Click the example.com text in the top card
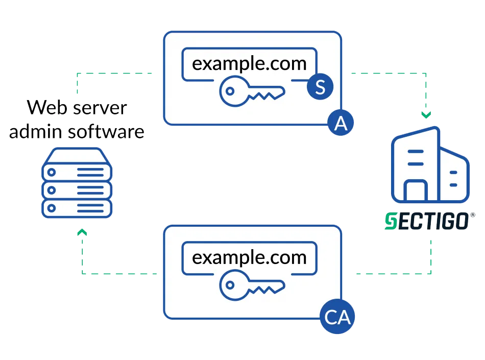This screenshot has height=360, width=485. (x=249, y=64)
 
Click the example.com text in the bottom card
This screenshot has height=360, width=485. (x=249, y=257)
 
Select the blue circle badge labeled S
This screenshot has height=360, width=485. (x=320, y=87)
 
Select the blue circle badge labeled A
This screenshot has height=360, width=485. (x=341, y=123)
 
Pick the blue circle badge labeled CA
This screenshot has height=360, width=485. (x=337, y=318)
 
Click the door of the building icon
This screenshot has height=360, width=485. (x=416, y=192)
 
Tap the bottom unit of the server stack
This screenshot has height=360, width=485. (x=77, y=208)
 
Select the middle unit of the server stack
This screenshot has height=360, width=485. (x=77, y=189)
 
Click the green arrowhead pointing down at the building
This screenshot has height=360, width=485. (x=427, y=114)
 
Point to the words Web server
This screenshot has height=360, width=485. (x=77, y=108)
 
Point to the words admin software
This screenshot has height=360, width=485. (x=77, y=132)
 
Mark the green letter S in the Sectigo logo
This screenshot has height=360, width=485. (x=390, y=223)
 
